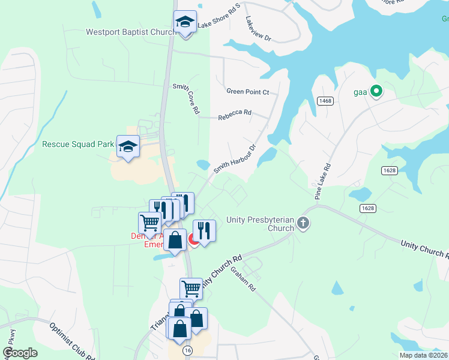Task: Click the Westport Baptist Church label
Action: click(x=130, y=32)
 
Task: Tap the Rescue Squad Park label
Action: click(x=78, y=144)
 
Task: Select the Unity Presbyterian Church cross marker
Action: click(x=303, y=224)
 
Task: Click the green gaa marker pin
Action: click(x=376, y=91)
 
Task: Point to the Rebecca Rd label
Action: click(x=234, y=112)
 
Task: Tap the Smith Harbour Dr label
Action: click(x=235, y=159)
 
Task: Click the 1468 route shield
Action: click(x=325, y=101)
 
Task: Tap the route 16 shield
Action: click(x=188, y=350)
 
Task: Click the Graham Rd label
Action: click(x=244, y=279)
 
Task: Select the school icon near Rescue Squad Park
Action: click(x=128, y=146)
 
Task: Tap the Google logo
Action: click(x=20, y=353)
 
